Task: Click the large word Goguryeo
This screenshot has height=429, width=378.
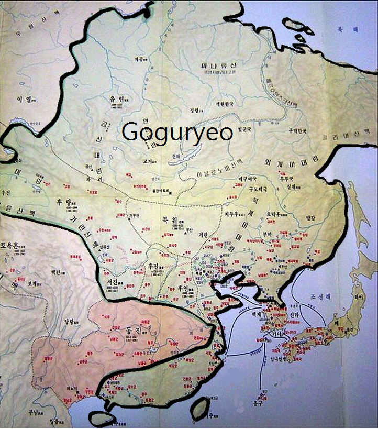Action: (x=177, y=131)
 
